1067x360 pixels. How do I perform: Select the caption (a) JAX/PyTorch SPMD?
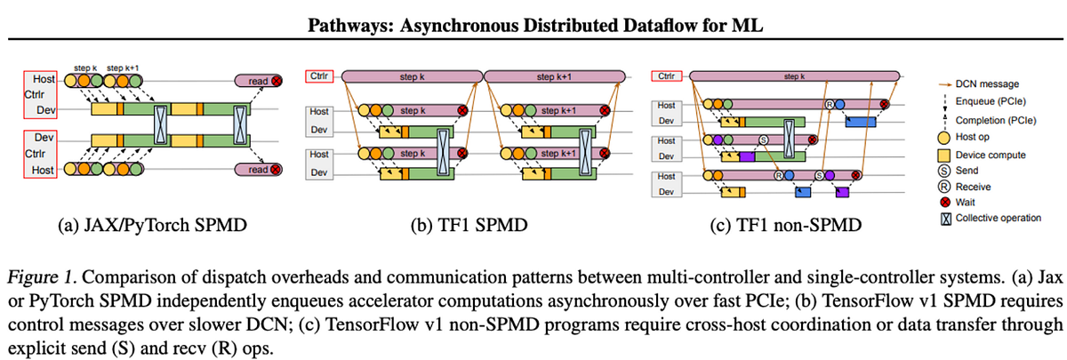pos(143,225)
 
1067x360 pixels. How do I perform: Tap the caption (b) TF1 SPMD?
pos(462,225)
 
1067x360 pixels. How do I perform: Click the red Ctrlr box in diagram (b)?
pos(318,76)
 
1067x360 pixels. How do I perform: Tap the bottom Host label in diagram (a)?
pos(36,169)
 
